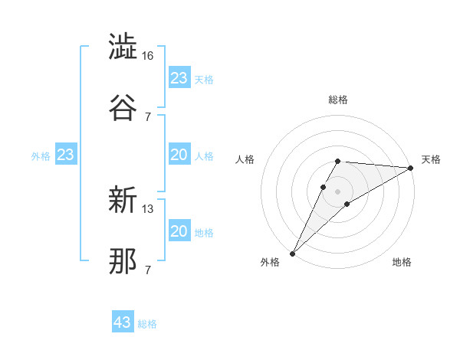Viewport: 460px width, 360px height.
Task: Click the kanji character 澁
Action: pyautogui.click(x=123, y=47)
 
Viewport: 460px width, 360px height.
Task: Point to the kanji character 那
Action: pyautogui.click(x=123, y=261)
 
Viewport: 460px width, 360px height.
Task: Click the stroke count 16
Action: pyautogui.click(x=148, y=57)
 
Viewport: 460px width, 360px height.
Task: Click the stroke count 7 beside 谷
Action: pyautogui.click(x=148, y=116)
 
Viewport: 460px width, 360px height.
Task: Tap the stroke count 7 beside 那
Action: pyautogui.click(x=148, y=270)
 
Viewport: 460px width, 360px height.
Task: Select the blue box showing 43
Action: pyautogui.click(x=123, y=322)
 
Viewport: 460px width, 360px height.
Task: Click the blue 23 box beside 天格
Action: pyautogui.click(x=179, y=78)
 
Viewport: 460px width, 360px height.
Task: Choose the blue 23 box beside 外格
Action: pyautogui.click(x=66, y=155)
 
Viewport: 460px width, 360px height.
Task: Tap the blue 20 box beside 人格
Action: pyautogui.click(x=179, y=155)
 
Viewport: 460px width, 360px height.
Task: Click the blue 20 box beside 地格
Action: pyautogui.click(x=179, y=231)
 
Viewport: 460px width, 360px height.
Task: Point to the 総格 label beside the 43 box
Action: pyautogui.click(x=147, y=324)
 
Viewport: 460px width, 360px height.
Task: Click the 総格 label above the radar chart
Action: pyautogui.click(x=338, y=100)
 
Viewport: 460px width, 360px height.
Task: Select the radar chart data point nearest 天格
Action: pyautogui.click(x=411, y=168)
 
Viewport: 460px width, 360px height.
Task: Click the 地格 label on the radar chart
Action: pyautogui.click(x=402, y=262)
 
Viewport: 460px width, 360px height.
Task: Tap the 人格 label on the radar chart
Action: pyautogui.click(x=246, y=159)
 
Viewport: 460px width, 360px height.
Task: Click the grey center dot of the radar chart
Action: pyautogui.click(x=338, y=191)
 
